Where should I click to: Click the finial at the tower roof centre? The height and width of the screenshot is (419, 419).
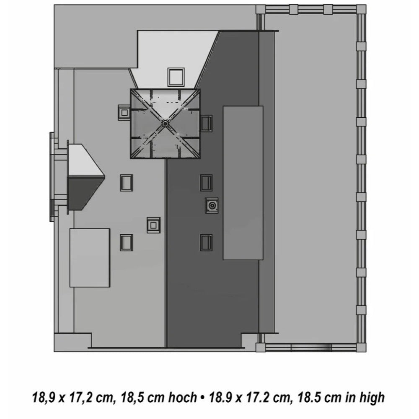165,124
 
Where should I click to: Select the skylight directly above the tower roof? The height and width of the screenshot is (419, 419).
176,77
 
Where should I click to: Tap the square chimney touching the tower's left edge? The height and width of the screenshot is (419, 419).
124,112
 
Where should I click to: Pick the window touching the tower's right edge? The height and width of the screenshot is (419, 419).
207,124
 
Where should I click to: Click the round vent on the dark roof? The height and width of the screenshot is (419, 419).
212,205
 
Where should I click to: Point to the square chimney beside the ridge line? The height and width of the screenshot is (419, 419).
154,225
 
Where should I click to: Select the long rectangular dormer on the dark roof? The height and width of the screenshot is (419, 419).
243,183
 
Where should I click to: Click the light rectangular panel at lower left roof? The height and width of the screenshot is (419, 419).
90,258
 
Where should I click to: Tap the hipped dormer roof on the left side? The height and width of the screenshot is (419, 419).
86,177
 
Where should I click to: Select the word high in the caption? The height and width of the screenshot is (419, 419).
372,398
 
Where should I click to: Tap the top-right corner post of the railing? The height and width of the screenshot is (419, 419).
361,9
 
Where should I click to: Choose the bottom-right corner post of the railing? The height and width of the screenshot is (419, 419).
361,347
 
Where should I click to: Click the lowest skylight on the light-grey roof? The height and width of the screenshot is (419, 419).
126,243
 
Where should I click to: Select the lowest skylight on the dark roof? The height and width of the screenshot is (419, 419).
207,243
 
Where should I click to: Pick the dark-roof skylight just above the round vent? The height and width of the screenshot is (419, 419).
207,183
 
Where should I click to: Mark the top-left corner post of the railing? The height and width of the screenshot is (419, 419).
261,10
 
